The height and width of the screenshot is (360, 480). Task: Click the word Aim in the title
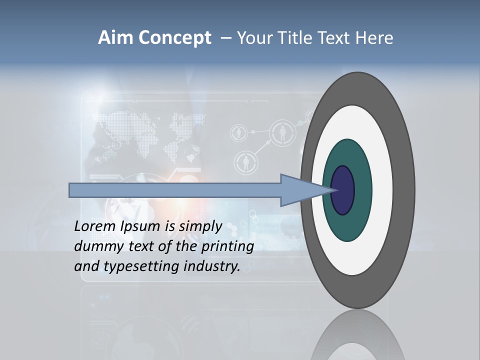point(114,38)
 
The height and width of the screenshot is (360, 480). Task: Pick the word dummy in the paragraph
point(94,246)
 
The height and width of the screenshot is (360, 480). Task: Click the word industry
point(212,266)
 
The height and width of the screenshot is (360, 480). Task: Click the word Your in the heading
point(255,38)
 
